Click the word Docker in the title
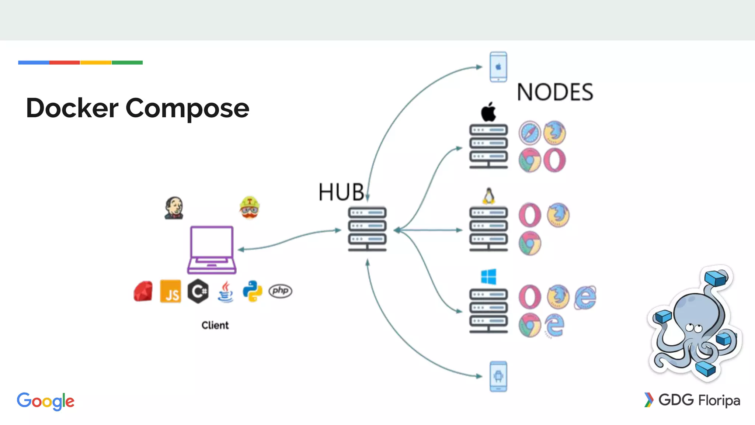72,108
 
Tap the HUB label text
341,192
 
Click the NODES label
555,92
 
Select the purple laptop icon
212,250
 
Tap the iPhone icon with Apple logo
498,67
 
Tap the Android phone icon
498,376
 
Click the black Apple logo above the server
488,112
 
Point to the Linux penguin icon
488,196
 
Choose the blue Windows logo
488,277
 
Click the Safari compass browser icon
530,133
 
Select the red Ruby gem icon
143,291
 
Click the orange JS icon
171,291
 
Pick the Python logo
253,291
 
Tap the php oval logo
280,291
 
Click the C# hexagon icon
198,291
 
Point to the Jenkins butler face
174,208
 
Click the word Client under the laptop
215,325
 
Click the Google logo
46,401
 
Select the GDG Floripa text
699,400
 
